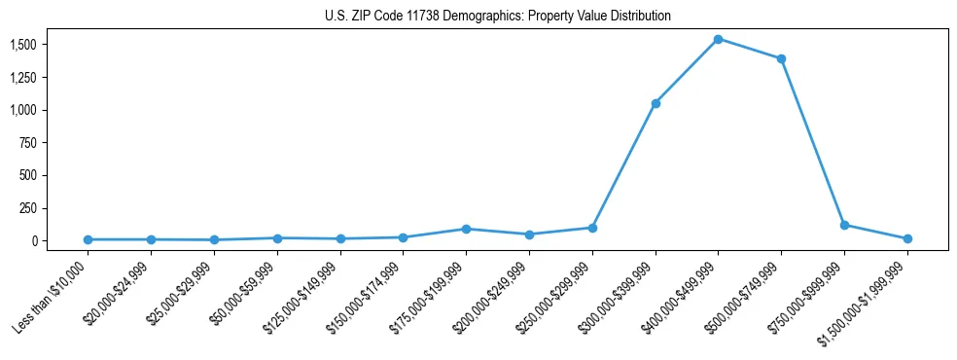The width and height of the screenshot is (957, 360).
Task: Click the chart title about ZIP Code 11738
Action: (498, 17)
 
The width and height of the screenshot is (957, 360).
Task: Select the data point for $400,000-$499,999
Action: (718, 39)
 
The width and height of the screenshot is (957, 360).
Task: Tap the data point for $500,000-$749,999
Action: (781, 58)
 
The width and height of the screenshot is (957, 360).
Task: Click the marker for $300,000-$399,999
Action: (656, 103)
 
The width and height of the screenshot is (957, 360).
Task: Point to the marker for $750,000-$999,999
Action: (844, 225)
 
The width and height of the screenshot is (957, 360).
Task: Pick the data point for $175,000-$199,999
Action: (466, 229)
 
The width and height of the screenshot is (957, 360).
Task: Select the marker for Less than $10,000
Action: (88, 239)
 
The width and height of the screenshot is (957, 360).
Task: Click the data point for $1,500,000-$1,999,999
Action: (907, 238)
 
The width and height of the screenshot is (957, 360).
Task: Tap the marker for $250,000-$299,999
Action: (592, 228)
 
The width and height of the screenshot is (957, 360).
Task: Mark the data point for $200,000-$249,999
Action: (529, 234)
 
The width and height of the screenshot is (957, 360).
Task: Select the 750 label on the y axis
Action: (27, 143)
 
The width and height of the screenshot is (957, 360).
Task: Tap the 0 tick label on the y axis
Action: (34, 240)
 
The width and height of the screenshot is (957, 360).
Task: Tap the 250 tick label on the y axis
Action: (27, 208)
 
